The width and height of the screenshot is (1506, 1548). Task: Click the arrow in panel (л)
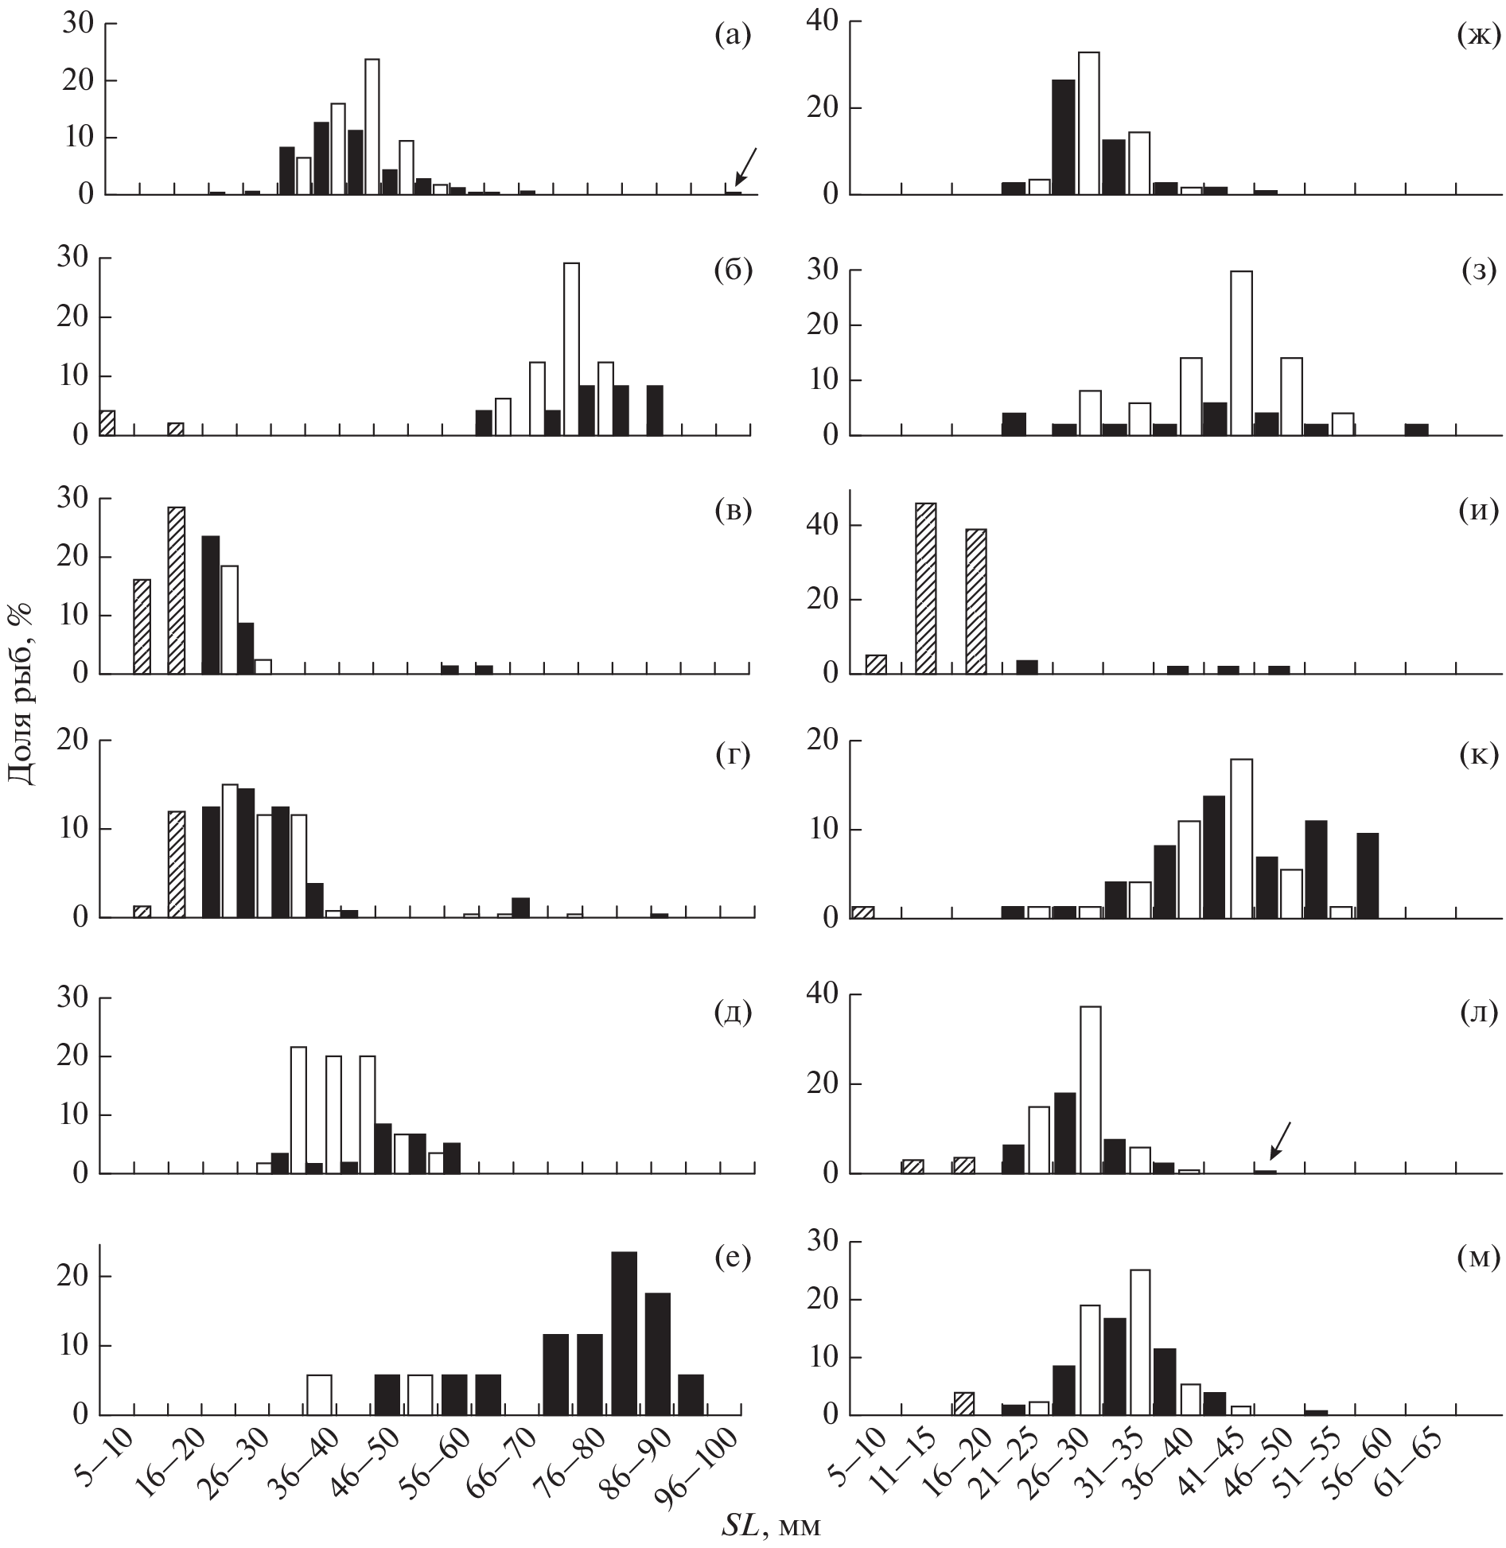(x=1279, y=1140)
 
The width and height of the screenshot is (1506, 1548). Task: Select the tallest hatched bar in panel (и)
(x=926, y=588)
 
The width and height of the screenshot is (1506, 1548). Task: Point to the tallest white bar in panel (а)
(x=372, y=126)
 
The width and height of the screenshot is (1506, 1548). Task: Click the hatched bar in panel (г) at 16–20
(x=176, y=864)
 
